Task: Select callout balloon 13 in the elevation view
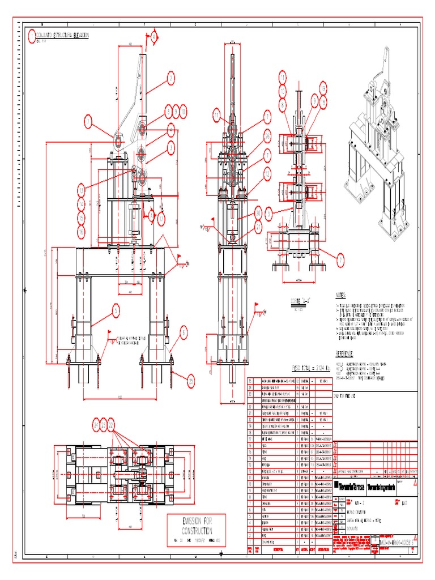coord(81,190)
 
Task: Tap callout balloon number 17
coord(161,216)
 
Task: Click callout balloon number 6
coord(184,334)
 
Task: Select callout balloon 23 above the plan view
coord(104,424)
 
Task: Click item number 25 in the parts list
coord(251,381)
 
